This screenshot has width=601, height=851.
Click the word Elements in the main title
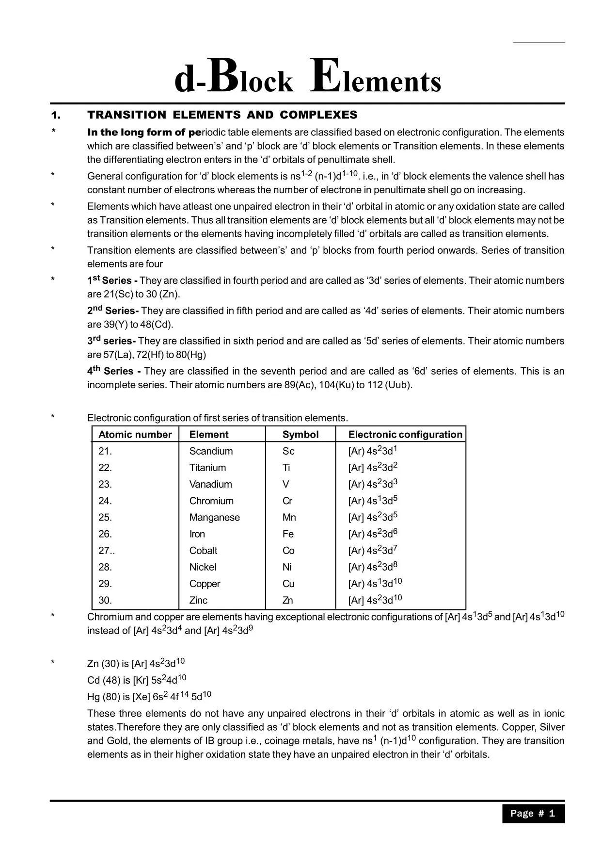pyautogui.click(x=376, y=78)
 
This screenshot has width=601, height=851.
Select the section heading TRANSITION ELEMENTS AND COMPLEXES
pyautogui.click(x=222, y=115)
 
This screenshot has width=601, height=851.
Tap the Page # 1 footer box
pyautogui.click(x=533, y=814)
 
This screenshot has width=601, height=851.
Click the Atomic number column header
pyautogui.click(x=135, y=435)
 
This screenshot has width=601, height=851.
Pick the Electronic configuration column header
pyautogui.click(x=405, y=435)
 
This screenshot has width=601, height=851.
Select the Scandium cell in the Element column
pyautogui.click(x=211, y=451)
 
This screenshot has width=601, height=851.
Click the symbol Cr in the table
pyautogui.click(x=287, y=501)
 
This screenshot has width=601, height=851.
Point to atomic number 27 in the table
pyautogui.click(x=105, y=551)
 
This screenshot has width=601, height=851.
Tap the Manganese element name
pyautogui.click(x=214, y=517)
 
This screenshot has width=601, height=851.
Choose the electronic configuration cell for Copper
pyautogui.click(x=375, y=583)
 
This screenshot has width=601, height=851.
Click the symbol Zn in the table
pyautogui.click(x=287, y=600)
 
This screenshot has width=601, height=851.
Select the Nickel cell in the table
pyautogui.click(x=203, y=567)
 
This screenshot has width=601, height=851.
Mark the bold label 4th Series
pyautogui.click(x=113, y=371)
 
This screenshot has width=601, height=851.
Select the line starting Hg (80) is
pyautogui.click(x=149, y=697)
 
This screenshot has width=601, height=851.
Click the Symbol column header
pyautogui.click(x=300, y=435)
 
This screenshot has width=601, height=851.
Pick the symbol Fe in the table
pyautogui.click(x=288, y=534)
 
